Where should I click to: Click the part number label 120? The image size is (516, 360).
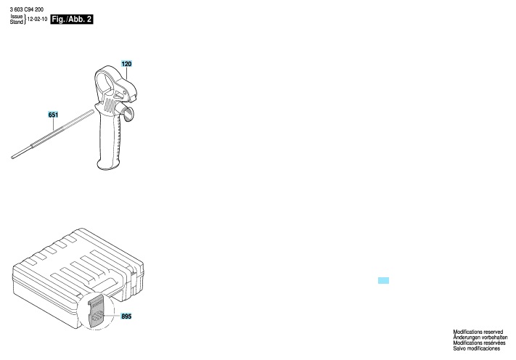click(126, 64)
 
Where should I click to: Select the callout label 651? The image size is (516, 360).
click(53, 115)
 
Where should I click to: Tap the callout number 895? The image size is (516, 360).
click(126, 316)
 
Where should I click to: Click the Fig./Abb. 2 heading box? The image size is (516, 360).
click(72, 20)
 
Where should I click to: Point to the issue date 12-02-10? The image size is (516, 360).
click(37, 20)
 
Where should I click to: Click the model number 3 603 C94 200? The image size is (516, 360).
click(27, 9)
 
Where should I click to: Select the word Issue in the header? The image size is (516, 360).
click(17, 17)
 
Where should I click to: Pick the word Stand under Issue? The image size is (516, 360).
click(17, 22)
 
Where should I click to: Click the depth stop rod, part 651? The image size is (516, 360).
click(53, 134)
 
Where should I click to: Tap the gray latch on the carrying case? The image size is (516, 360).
click(96, 311)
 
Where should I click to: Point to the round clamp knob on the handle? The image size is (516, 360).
click(128, 113)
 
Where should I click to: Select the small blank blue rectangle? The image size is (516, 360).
click(383, 280)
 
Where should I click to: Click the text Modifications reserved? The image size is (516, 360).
click(478, 332)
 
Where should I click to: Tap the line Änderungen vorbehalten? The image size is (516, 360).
click(480, 337)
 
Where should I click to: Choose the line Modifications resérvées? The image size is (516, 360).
click(479, 343)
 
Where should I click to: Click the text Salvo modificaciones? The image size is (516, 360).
click(477, 348)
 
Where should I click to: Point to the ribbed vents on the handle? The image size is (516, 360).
click(110, 105)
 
